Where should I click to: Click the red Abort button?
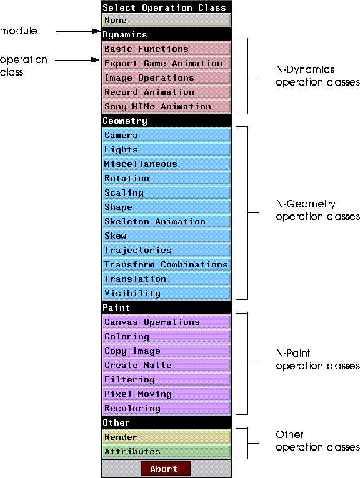pyautogui.click(x=166, y=468)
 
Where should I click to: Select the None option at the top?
pyautogui.click(x=166, y=21)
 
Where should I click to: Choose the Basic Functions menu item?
pyautogui.click(x=166, y=49)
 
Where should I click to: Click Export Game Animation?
pyautogui.click(x=166, y=63)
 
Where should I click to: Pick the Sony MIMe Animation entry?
pyautogui.click(x=166, y=106)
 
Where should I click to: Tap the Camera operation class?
pyautogui.click(x=166, y=135)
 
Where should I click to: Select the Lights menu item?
pyautogui.click(x=166, y=149)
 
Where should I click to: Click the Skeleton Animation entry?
pyautogui.click(x=166, y=221)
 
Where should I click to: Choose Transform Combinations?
pyautogui.click(x=166, y=264)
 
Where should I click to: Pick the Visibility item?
pyautogui.click(x=166, y=293)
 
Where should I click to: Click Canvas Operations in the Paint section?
pyautogui.click(x=166, y=322)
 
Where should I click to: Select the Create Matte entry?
pyautogui.click(x=166, y=365)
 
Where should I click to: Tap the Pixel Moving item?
pyautogui.click(x=166, y=394)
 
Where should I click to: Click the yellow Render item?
pyautogui.click(x=166, y=437)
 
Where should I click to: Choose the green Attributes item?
pyautogui.click(x=166, y=451)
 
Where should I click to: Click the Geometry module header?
pyautogui.click(x=166, y=121)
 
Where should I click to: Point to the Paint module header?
pyautogui.click(x=166, y=307)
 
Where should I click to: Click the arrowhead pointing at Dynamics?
pyautogui.click(x=97, y=31)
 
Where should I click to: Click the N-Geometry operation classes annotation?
pyautogui.click(x=317, y=210)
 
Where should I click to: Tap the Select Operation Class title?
pyautogui.click(x=164, y=7)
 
